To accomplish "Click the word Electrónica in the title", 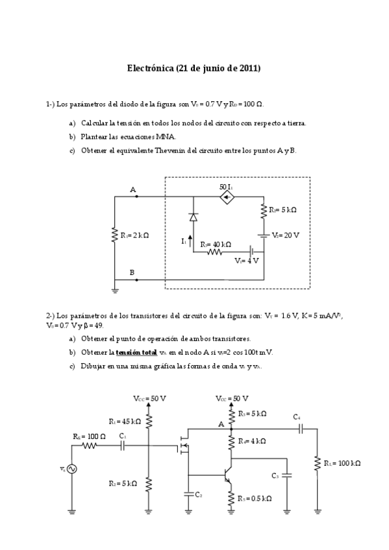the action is coord(150,67).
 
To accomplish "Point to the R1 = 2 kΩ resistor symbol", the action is coord(114,235).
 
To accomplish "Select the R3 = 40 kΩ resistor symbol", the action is coord(215,252).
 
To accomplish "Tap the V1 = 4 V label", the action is coord(247,261).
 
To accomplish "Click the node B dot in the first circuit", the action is coord(136,280).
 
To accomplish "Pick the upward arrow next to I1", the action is coord(190,241).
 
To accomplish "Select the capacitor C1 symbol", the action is coord(122,446).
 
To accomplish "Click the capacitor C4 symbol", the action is coord(300,429).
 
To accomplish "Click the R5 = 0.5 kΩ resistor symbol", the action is coord(232,498).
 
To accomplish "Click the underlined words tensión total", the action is coord(138,352).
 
